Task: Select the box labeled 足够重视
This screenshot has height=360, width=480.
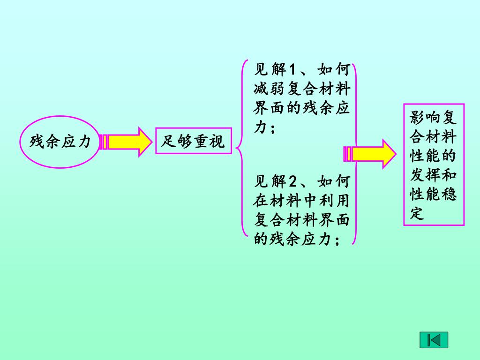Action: coord(193,141)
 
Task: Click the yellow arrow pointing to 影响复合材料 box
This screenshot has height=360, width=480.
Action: coord(370,154)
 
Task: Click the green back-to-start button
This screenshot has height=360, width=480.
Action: coord(434,340)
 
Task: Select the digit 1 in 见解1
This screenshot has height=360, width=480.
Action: coord(291,71)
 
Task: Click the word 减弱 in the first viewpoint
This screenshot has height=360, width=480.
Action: coord(269,90)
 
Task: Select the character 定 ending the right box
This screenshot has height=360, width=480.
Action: coord(417,213)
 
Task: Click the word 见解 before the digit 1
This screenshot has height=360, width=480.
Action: coord(269,71)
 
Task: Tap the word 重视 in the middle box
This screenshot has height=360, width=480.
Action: coord(209,141)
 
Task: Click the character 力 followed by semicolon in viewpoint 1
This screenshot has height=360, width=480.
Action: coord(260,127)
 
